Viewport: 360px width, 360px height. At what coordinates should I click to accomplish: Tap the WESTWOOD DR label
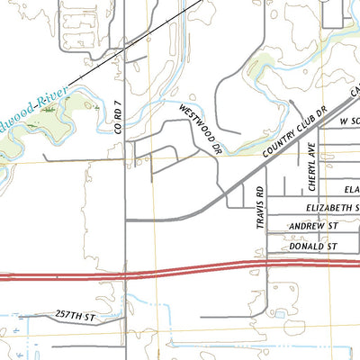199,128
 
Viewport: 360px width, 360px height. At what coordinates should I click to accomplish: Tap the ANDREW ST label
312,227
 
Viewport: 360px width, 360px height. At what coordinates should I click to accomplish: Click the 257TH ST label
74,318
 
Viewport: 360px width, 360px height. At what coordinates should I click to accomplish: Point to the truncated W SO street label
348,119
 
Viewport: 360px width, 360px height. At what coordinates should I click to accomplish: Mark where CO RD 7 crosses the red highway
124,273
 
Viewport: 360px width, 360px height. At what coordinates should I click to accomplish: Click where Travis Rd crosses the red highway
266,265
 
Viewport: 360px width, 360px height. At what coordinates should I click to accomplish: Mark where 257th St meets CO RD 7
124,318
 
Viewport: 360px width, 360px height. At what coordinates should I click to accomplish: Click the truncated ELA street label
351,191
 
